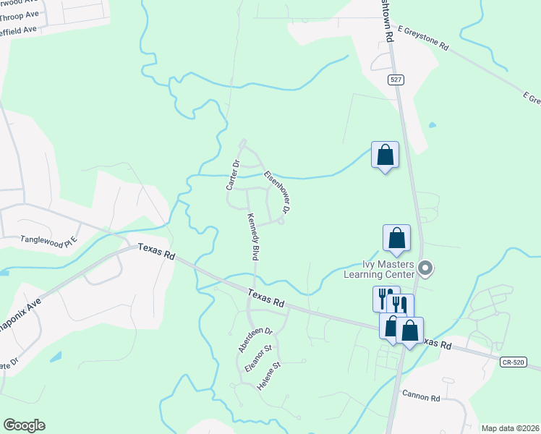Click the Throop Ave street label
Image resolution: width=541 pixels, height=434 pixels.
coord(20,14)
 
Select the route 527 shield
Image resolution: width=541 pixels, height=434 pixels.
coord(395,79)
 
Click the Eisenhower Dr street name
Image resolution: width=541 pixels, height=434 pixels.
coord(277,192)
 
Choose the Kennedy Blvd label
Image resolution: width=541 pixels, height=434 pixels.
coord(253,237)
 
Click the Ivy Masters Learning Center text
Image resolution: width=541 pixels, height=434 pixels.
coord(387,270)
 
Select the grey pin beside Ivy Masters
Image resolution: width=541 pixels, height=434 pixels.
coord(425,270)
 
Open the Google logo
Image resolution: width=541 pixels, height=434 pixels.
coord(24,425)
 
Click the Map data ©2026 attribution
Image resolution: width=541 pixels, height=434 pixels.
coord(509,428)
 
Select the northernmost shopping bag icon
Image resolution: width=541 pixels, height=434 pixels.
coord(385,155)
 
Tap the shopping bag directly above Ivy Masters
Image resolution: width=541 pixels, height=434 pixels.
coord(396,239)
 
